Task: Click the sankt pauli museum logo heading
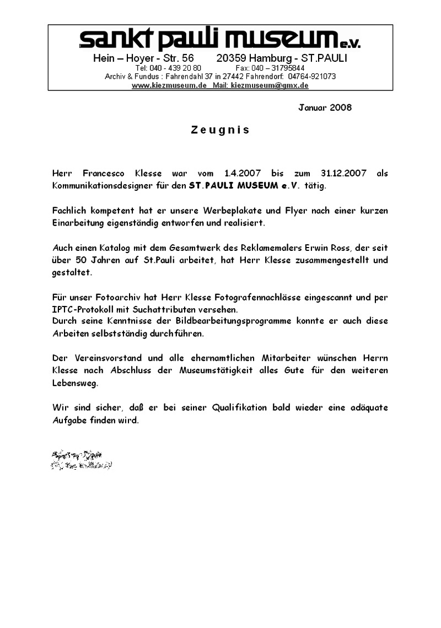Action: tap(219, 39)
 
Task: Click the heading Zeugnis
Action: tap(220, 130)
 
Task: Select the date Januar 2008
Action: tap(325, 107)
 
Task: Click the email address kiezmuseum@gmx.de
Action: tap(270, 85)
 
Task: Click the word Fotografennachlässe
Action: tap(228, 297)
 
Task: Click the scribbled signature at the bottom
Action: tap(82, 460)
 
